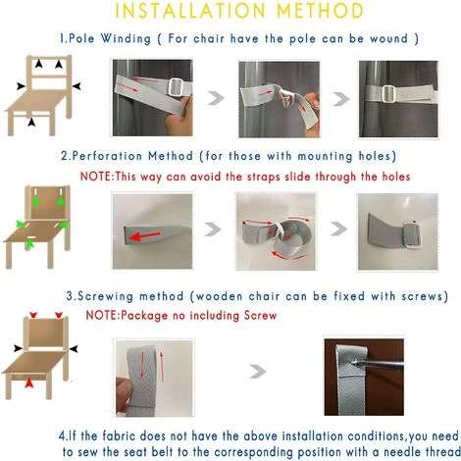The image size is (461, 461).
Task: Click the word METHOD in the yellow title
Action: (x=320, y=11)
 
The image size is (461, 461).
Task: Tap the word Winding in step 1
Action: (x=126, y=38)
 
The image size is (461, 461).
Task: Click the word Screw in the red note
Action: (x=260, y=316)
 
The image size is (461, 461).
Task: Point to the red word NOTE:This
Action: (x=108, y=177)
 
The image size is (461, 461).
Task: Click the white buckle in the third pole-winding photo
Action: (x=388, y=94)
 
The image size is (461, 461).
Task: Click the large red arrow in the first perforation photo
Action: (x=144, y=235)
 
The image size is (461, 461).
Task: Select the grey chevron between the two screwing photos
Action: (x=258, y=372)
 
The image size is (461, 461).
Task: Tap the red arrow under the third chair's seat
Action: (x=29, y=383)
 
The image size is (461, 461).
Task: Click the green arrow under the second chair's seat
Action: (x=30, y=244)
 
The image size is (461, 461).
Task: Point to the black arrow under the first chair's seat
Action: (x=31, y=123)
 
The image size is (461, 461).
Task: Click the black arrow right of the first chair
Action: (x=77, y=86)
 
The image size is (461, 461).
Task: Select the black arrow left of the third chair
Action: (x=18, y=348)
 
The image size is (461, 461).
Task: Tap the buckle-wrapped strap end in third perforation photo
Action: (x=414, y=234)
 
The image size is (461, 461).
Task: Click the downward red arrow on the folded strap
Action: (x=142, y=365)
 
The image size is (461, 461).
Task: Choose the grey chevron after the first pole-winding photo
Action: (x=216, y=98)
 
